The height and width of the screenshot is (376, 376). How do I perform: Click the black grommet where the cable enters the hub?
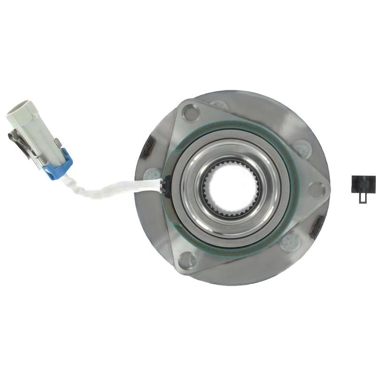pyautogui.click(x=164, y=186)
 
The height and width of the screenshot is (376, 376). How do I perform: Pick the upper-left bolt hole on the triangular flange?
pyautogui.click(x=191, y=113)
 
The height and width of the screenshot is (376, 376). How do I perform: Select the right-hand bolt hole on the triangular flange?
pyautogui.click(x=316, y=189)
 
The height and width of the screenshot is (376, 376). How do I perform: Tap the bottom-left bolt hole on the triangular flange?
pyautogui.click(x=187, y=259)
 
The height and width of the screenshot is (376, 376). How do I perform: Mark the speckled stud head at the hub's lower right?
pyautogui.click(x=290, y=242)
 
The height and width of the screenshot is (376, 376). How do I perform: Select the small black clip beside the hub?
pyautogui.click(x=363, y=183)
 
